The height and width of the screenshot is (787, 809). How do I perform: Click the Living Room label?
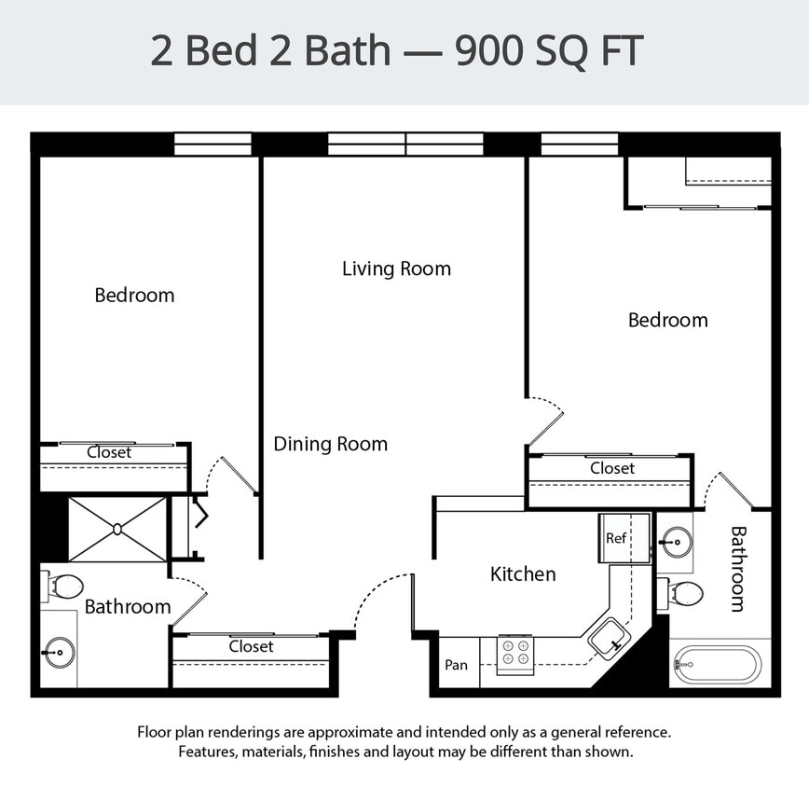(396, 269)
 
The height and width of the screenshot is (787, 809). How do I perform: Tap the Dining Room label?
(330, 444)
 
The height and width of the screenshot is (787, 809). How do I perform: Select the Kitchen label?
(523, 574)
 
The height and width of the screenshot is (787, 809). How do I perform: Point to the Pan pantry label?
(457, 665)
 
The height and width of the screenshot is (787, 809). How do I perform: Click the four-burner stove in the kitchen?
(514, 654)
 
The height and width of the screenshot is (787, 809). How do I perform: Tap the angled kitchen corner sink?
(610, 639)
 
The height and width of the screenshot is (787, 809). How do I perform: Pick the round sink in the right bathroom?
(677, 541)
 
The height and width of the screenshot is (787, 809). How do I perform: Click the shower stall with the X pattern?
(117, 529)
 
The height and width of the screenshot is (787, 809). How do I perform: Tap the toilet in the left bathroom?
(63, 587)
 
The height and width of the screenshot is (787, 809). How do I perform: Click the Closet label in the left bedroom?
(109, 452)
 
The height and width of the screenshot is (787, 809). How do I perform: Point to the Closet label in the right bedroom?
(612, 468)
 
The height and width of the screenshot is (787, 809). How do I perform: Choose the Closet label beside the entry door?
(252, 646)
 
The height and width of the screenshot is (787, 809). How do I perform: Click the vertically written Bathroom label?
(738, 569)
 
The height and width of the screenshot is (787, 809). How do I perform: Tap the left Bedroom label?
(134, 296)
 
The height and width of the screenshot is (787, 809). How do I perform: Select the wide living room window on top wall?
(405, 144)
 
